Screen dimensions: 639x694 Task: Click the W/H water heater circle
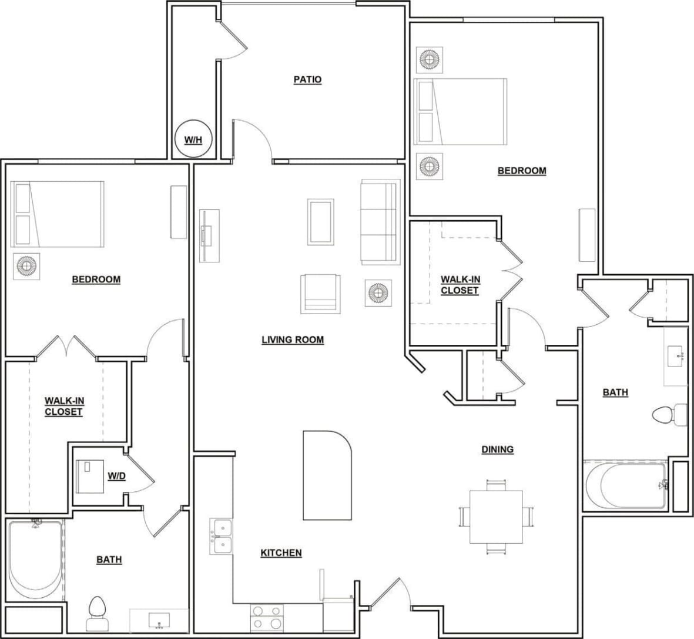click(x=193, y=139)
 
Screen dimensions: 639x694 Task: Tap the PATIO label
click(x=307, y=79)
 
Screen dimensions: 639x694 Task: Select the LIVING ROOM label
click(x=293, y=340)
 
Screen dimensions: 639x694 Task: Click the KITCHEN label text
click(x=281, y=553)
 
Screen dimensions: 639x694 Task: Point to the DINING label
click(x=497, y=450)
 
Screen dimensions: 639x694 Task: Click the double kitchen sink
click(x=222, y=537)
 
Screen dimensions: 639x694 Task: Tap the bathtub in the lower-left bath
click(x=36, y=558)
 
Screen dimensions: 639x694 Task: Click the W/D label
click(x=116, y=475)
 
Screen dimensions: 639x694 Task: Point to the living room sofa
click(x=379, y=221)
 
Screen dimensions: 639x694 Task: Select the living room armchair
click(x=321, y=293)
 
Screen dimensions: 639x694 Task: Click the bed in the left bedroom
click(x=58, y=214)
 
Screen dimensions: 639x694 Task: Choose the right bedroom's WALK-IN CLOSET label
click(x=460, y=285)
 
